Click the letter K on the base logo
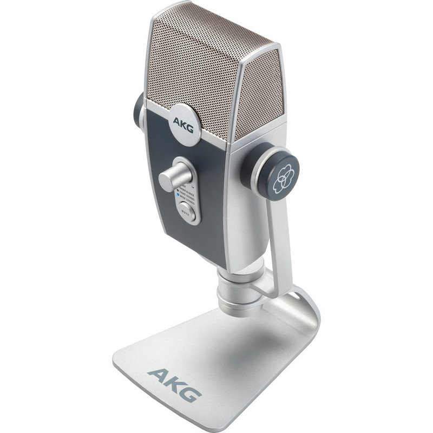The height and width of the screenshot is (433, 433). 174,382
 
